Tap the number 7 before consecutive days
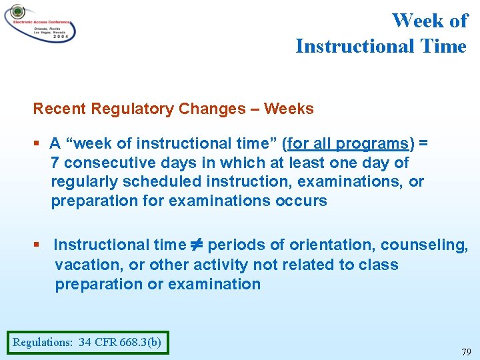coord(55,163)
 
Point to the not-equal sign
coord(197,245)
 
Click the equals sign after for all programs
coord(423,143)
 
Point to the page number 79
coord(465,351)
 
